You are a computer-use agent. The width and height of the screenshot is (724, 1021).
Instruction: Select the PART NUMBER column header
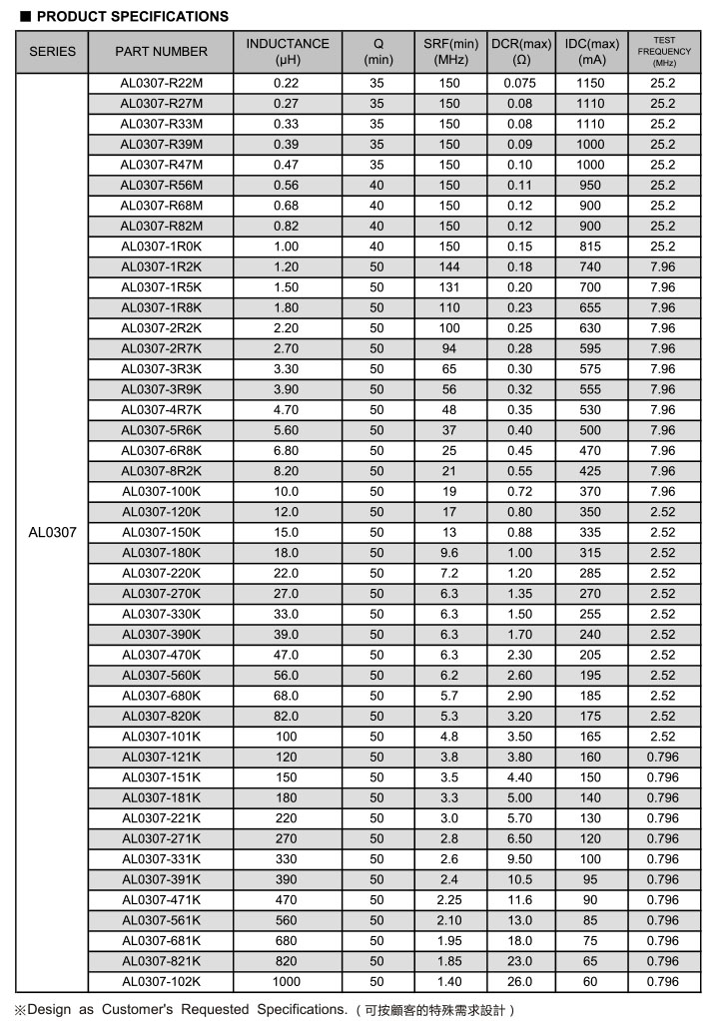(161, 51)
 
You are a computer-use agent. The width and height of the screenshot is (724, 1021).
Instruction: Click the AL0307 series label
(52, 532)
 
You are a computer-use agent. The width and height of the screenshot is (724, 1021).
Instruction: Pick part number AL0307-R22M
(161, 83)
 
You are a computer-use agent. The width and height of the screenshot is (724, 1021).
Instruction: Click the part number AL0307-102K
(161, 981)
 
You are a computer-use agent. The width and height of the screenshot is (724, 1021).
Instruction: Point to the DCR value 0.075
(520, 83)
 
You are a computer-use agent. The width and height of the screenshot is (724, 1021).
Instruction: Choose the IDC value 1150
(591, 83)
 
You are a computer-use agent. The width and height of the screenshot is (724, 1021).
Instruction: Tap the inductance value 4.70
(286, 409)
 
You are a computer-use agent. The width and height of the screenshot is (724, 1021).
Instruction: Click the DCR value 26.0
(520, 981)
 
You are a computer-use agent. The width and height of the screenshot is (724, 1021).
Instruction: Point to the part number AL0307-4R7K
(161, 409)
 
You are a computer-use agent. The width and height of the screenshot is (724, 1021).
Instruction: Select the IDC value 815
(591, 246)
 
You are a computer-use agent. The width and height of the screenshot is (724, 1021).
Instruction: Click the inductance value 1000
(286, 981)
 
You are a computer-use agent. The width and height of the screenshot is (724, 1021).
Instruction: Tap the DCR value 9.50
(520, 858)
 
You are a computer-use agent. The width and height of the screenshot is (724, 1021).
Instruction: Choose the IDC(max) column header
(591, 51)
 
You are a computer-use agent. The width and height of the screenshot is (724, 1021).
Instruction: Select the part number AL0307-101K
(161, 737)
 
